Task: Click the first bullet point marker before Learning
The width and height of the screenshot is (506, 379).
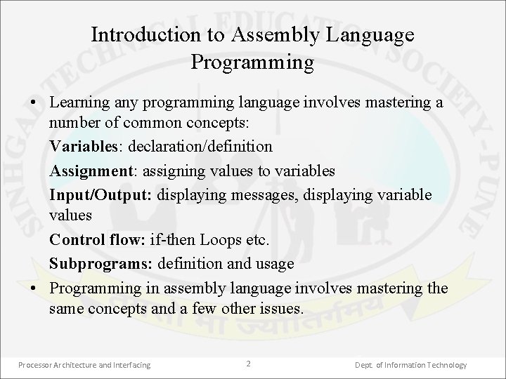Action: (34, 103)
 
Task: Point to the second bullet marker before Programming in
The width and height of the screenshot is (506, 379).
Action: (34, 289)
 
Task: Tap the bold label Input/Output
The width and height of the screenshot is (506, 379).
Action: (100, 194)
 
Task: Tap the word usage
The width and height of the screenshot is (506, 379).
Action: (275, 265)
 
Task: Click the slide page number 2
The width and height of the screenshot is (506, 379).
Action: (248, 364)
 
